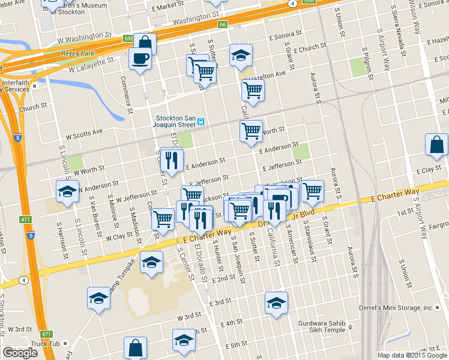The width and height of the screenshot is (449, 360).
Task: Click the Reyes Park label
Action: [x=75, y=53]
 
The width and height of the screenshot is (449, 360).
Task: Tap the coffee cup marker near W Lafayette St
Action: [x=140, y=59]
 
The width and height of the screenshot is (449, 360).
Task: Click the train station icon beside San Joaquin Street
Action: [x=202, y=121]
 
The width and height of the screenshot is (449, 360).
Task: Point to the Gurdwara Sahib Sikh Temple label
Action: [x=322, y=326]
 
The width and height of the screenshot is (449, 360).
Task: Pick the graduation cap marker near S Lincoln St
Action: [x=67, y=191]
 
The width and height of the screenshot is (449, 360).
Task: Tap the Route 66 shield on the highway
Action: [x=222, y=25]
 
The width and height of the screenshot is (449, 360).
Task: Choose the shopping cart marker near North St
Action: [x=251, y=131]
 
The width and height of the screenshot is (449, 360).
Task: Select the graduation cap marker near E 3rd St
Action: [x=276, y=303]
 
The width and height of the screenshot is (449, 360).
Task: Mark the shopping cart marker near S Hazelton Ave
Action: [x=253, y=91]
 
